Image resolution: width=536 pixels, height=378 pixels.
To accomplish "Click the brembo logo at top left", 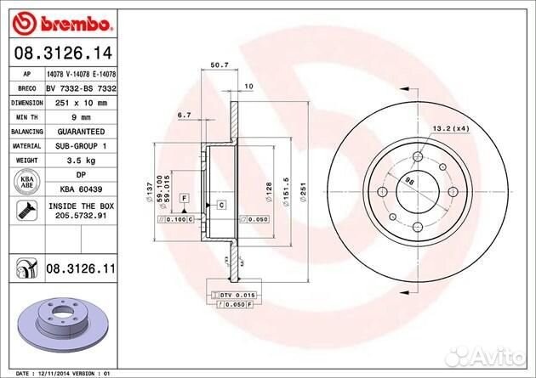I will (54, 18).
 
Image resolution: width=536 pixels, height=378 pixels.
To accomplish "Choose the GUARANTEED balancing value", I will (81, 132).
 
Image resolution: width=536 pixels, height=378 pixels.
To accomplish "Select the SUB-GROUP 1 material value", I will (82, 146).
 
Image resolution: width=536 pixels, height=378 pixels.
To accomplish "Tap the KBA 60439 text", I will (81, 189).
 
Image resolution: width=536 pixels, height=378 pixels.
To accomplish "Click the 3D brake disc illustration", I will (60, 324).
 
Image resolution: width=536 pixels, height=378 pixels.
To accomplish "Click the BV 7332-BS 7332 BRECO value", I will (81, 88).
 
